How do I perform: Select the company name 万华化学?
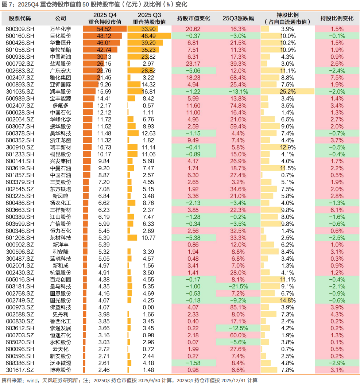pyautogui.click(x=61, y=29)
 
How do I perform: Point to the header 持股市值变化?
pyautogui.click(x=193, y=18)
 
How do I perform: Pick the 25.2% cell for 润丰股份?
pyautogui.click(x=287, y=92)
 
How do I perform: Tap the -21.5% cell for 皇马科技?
pyautogui.click(x=238, y=286)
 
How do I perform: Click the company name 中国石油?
pyautogui.click(x=61, y=175)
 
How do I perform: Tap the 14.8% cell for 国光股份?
pyautogui.click(x=287, y=300)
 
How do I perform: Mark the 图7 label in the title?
pyautogui.click(x=8, y=4)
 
